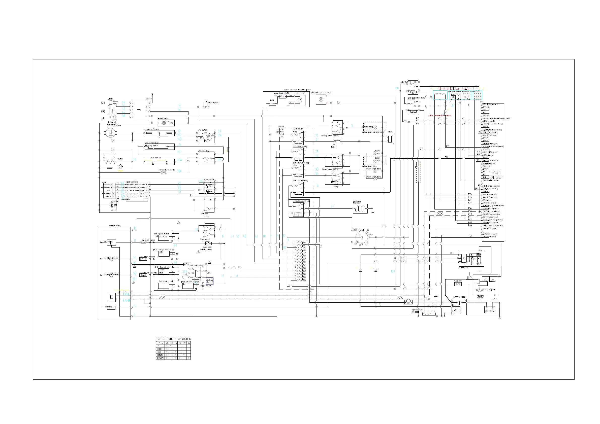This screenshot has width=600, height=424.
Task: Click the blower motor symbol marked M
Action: [111, 133]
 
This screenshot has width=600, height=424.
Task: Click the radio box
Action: [140, 109]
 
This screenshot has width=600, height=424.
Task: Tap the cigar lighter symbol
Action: [206, 104]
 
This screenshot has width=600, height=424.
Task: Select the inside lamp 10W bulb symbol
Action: [164, 122]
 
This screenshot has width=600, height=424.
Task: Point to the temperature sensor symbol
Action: [164, 172]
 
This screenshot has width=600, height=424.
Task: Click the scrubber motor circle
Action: [112, 205]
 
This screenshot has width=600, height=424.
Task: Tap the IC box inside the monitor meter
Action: [112, 297]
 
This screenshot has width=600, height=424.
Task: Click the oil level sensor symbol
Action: [143, 242]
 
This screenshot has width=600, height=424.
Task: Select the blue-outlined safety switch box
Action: [210, 281]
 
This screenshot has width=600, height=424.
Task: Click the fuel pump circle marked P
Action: [300, 100]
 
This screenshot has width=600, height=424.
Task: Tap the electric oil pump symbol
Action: [321, 99]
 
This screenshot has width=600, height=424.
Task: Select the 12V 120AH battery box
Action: [489, 310]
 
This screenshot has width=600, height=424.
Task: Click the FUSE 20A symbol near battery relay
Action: [458, 284]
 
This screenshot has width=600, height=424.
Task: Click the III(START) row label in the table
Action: [160, 358]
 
